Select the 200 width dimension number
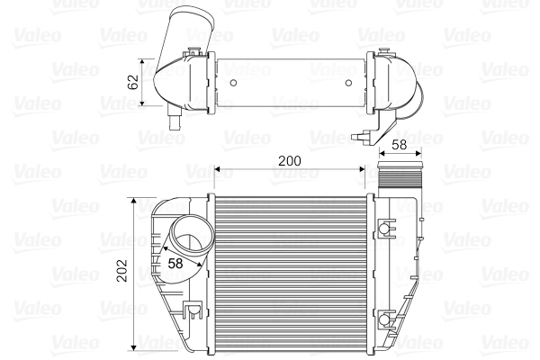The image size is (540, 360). (288, 160)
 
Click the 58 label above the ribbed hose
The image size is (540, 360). (399, 145)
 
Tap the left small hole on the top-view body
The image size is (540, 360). (234, 85)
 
